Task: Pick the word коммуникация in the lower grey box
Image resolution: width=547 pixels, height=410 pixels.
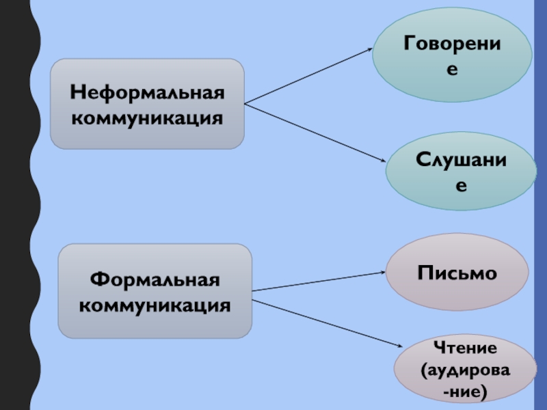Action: [x=155, y=305]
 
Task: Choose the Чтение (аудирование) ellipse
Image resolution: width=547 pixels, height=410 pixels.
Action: [x=466, y=370]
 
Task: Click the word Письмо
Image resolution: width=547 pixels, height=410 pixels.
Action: [x=457, y=273]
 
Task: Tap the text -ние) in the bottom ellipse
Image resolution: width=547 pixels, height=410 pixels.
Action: [x=466, y=392]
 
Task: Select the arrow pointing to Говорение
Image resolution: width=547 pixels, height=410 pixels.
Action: [x=308, y=77]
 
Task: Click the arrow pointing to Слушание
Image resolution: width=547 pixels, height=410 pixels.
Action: [x=315, y=133]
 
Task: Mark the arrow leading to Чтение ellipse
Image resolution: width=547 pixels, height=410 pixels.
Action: [x=325, y=320]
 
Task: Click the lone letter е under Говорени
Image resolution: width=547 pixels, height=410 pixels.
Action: [x=452, y=70]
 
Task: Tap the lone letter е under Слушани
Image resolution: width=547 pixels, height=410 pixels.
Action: [x=462, y=185]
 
